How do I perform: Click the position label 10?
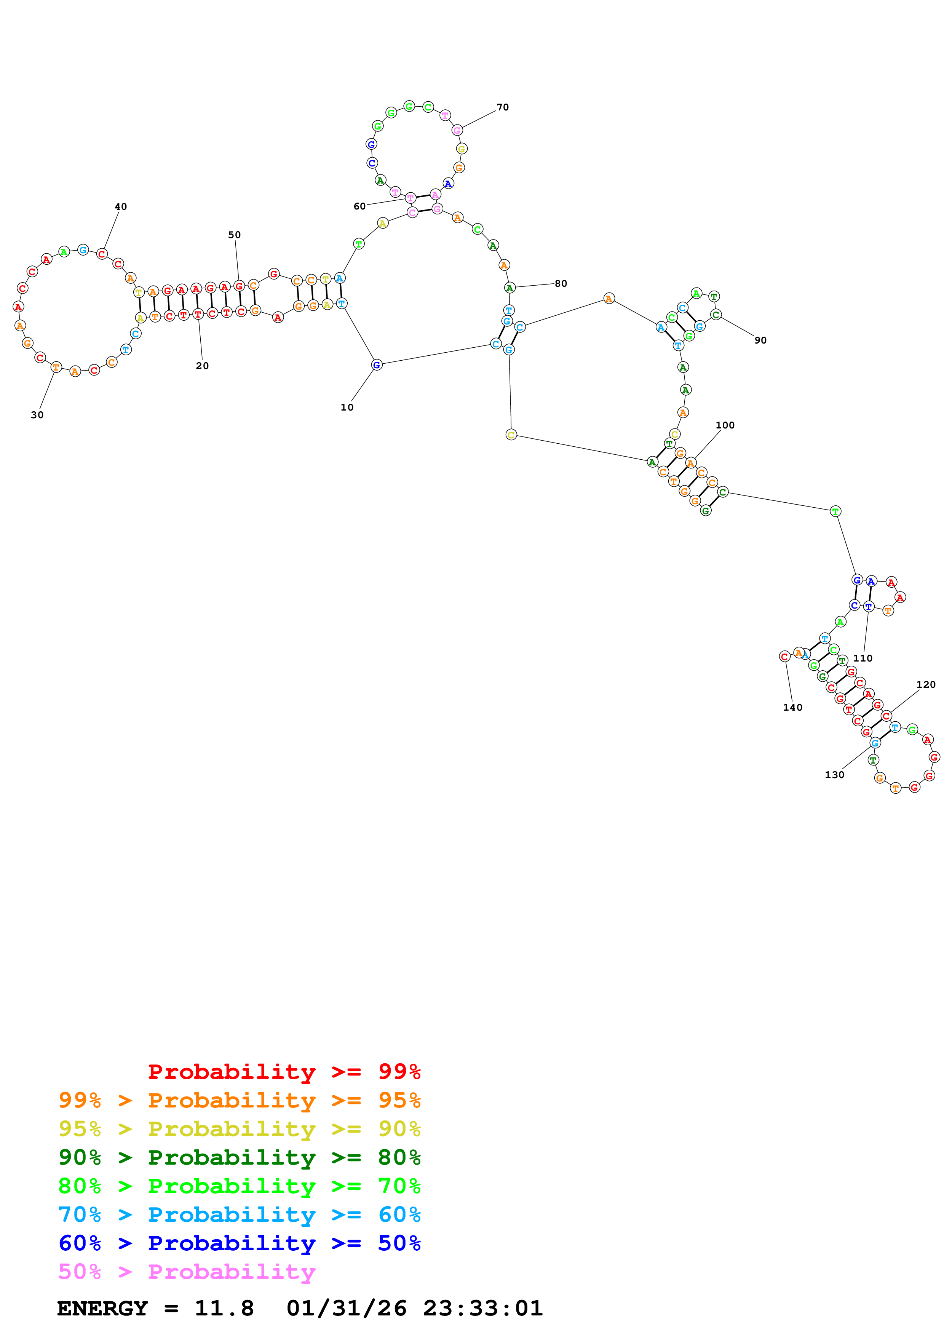tap(347, 408)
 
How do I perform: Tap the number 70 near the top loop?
tap(503, 107)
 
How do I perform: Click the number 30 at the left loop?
tap(37, 415)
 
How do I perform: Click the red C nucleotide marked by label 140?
tap(784, 656)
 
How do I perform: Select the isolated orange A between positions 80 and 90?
tap(609, 299)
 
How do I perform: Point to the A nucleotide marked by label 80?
tap(510, 288)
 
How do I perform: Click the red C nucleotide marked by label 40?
tap(102, 254)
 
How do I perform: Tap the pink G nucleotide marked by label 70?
tap(457, 130)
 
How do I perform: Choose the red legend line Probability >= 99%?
tap(284, 1071)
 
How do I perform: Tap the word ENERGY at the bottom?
tap(102, 1308)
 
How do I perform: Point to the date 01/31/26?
tap(346, 1308)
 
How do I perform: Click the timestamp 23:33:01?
tap(483, 1308)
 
